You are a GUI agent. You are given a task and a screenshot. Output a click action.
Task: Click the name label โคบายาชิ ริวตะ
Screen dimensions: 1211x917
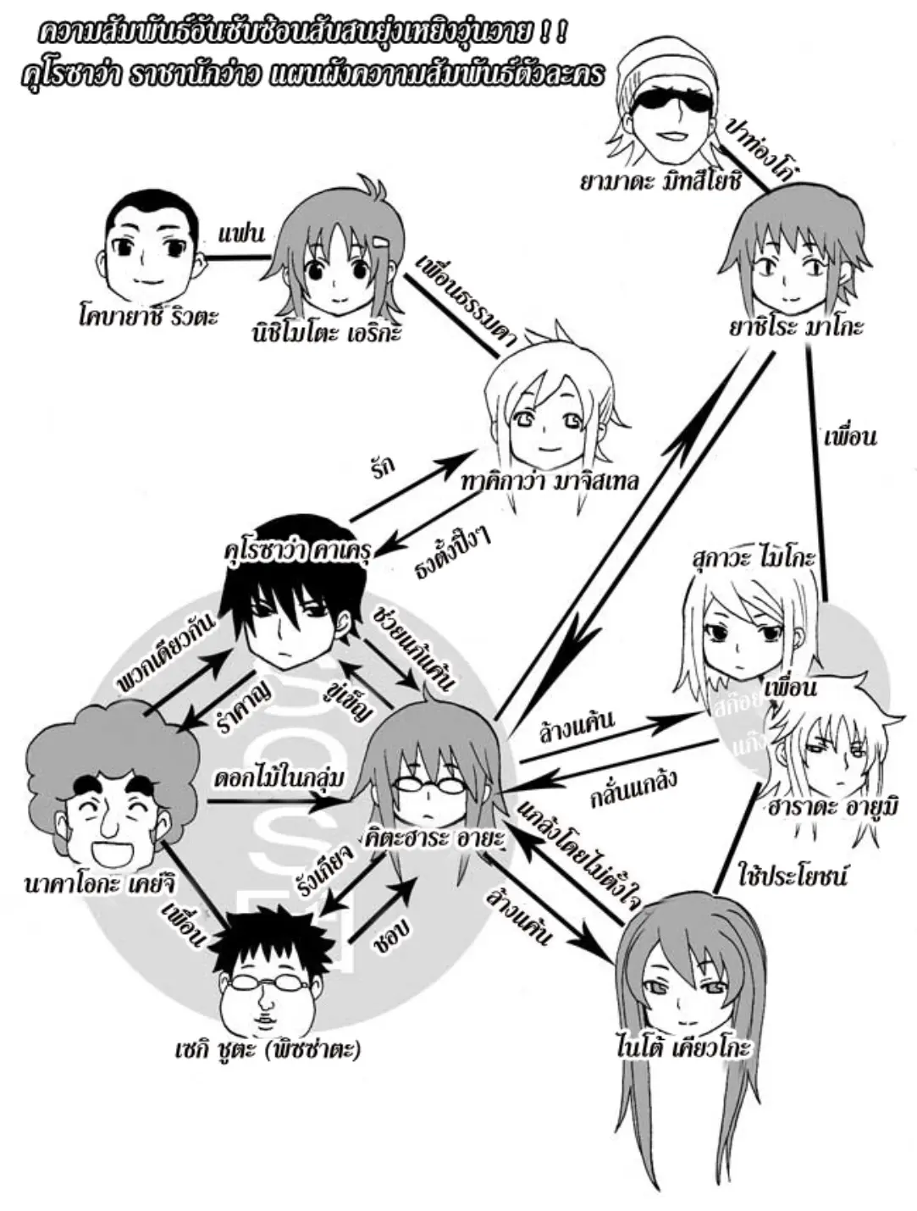(145, 318)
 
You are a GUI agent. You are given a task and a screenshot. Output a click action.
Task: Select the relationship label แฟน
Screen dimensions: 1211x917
(241, 234)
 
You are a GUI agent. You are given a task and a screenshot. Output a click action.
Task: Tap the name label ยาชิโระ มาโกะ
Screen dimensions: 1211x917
(796, 326)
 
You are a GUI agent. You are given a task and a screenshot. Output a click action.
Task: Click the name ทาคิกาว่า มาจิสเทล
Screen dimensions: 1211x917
(550, 481)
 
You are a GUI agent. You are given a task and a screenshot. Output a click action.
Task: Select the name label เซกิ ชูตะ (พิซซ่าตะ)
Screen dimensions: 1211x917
(264, 1050)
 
